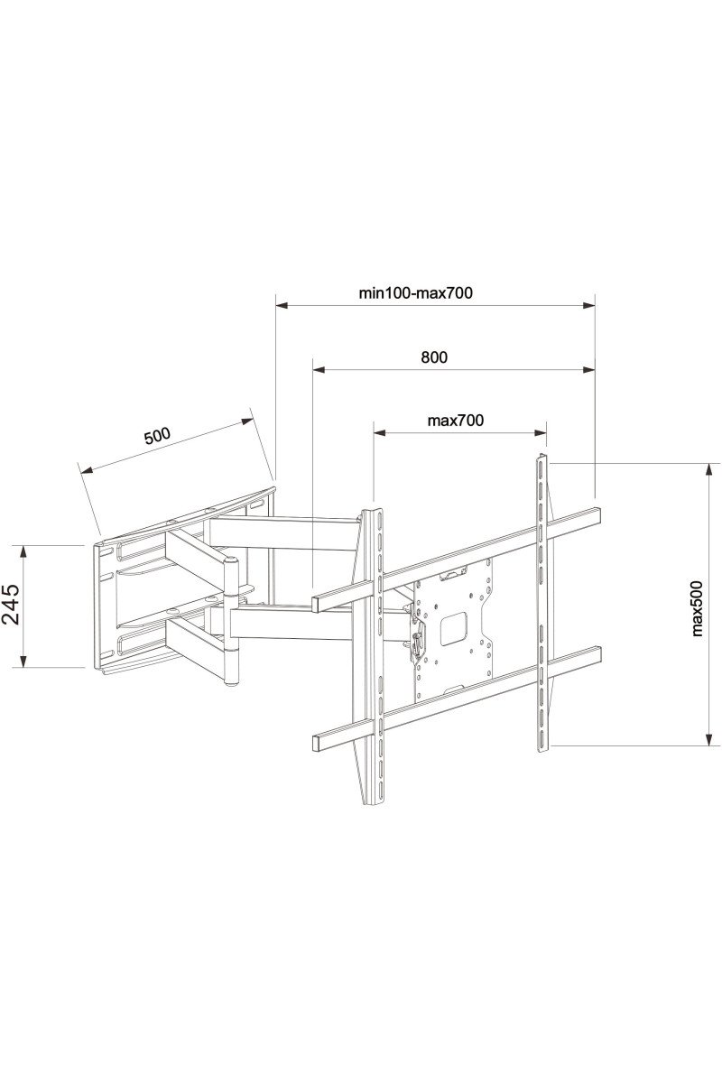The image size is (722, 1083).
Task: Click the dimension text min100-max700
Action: [x=416, y=292]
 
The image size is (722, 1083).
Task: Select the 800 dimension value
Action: [x=434, y=357]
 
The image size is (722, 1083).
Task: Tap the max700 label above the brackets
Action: [x=456, y=421]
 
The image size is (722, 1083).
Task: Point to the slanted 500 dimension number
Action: [x=157, y=436]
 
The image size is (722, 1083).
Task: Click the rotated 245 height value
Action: [x=11, y=605]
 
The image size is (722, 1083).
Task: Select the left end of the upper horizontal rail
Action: [x=318, y=602]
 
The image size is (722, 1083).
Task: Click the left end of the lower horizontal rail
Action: [x=318, y=743]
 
